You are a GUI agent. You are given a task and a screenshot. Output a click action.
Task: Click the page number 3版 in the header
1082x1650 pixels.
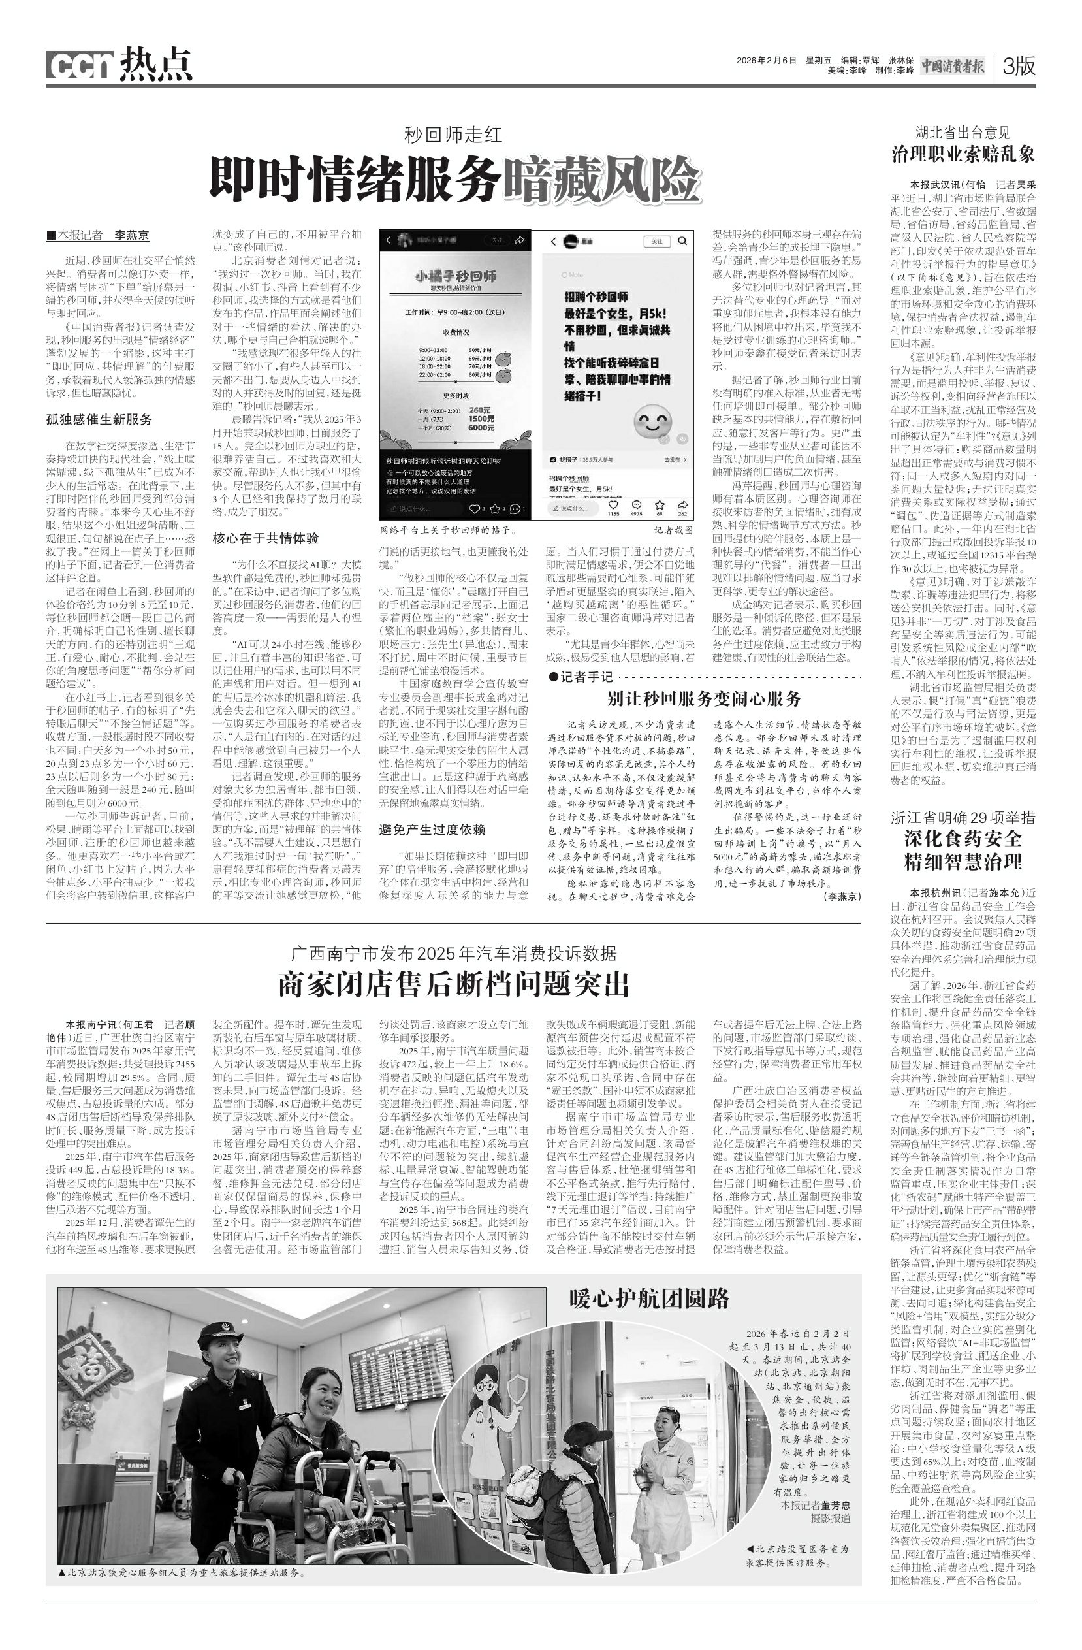pyautogui.click(x=1017, y=67)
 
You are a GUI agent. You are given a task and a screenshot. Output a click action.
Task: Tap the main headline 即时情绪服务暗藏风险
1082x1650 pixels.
pyautogui.click(x=454, y=178)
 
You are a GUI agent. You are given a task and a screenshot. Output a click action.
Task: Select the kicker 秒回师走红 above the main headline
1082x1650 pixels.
pyautogui.click(x=453, y=134)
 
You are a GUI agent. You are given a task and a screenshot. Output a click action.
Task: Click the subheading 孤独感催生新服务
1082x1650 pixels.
pyautogui.click(x=99, y=419)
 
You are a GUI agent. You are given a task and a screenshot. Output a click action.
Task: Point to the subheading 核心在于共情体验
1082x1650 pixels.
pyautogui.click(x=266, y=538)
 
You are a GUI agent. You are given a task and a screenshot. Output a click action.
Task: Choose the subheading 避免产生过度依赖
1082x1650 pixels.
pyautogui.click(x=432, y=829)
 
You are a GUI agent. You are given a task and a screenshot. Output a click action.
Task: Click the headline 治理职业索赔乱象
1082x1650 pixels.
pyautogui.click(x=963, y=154)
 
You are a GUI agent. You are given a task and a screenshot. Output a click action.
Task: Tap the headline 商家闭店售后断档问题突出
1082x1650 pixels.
pyautogui.click(x=454, y=983)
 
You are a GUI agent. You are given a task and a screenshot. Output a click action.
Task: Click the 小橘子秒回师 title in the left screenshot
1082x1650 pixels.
pyautogui.click(x=455, y=276)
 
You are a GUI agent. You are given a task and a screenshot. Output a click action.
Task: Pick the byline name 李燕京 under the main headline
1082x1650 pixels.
pyautogui.click(x=131, y=235)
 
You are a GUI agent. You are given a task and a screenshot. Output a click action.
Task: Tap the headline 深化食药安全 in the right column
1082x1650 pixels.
pyautogui.click(x=963, y=839)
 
